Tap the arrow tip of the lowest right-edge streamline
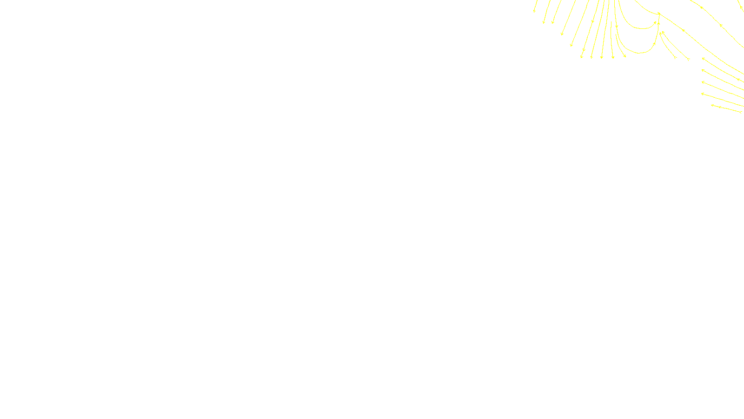point(712,105)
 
